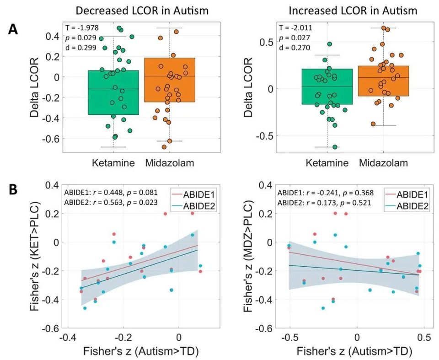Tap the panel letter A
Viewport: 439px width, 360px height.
[14, 30]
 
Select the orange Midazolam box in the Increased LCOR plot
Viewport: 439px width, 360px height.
[383, 81]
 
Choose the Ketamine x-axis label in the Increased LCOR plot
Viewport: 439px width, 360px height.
[327, 163]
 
